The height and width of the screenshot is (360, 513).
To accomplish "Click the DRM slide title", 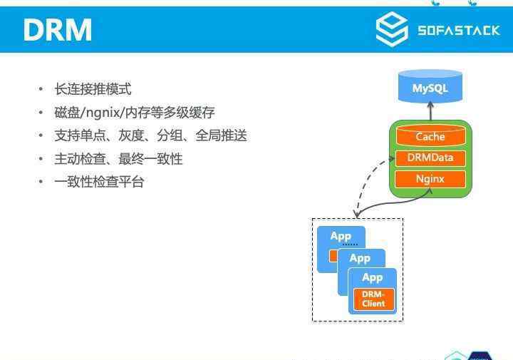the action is [x=58, y=30].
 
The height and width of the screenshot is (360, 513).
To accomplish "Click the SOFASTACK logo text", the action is [x=459, y=31].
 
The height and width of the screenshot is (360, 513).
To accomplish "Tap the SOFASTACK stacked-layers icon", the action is [x=392, y=29].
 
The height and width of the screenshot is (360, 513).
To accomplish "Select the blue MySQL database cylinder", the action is [x=430, y=86].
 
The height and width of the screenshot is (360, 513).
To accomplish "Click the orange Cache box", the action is [x=430, y=136].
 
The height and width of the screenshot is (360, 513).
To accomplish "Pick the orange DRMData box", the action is [x=430, y=158].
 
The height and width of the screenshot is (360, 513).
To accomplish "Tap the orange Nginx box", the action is [x=430, y=179].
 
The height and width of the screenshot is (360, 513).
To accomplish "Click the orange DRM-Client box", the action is [x=373, y=299].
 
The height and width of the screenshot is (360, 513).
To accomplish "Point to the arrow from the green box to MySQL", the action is [x=430, y=111].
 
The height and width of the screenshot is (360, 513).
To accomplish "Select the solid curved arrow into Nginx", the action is [x=393, y=203].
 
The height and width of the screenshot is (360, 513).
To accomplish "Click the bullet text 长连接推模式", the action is [x=93, y=89].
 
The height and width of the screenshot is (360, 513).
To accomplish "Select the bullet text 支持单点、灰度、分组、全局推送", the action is [x=151, y=135].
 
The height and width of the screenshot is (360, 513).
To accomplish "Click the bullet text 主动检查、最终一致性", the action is [x=119, y=159].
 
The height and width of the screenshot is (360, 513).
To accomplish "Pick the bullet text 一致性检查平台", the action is [x=100, y=182].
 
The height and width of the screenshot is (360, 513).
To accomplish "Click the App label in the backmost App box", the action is [x=341, y=236].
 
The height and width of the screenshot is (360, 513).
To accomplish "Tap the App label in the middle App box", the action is [x=361, y=259].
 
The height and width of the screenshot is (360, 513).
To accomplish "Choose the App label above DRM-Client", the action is [x=373, y=278].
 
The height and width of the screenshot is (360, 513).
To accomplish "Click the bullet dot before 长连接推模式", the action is [x=41, y=89].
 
